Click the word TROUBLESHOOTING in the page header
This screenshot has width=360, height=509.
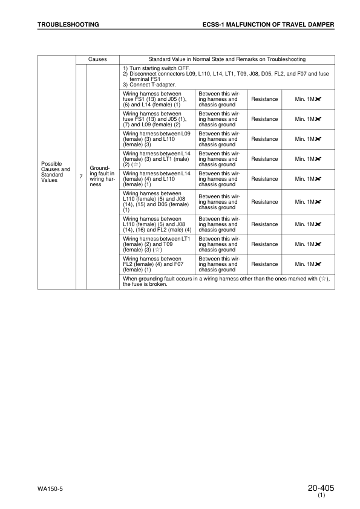click(x=68, y=25)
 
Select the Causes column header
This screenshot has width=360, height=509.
click(x=97, y=59)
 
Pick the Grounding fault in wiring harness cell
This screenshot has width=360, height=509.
click(x=97, y=176)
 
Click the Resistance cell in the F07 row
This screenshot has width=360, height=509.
click(x=264, y=264)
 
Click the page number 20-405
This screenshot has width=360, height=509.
click(x=321, y=487)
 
